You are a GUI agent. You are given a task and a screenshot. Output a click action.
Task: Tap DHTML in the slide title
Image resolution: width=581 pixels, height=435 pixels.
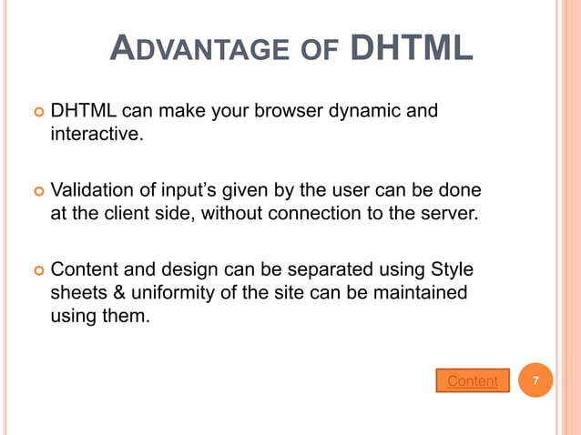click(412, 47)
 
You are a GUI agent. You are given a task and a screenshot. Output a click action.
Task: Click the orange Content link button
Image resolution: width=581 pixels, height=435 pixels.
click(473, 381)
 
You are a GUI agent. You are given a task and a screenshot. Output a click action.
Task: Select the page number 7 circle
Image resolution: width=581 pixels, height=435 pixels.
click(536, 380)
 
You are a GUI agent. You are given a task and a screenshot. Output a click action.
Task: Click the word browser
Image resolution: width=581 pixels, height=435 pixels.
click(268, 112)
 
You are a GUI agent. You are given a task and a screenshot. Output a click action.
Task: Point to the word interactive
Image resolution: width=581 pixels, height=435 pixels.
click(95, 136)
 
